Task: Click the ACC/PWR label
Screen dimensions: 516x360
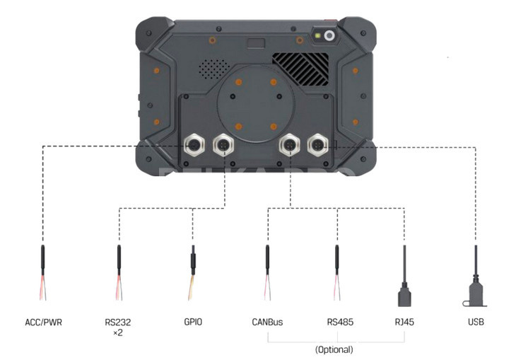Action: pos(43,322)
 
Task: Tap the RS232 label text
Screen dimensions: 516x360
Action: pos(118,322)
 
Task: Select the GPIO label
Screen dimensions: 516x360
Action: pos(193,322)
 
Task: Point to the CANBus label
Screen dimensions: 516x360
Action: pos(267,322)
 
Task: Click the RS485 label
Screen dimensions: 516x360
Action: pos(340,322)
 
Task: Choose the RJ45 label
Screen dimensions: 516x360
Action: pos(404,322)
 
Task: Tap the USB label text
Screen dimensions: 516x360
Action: pos(476,322)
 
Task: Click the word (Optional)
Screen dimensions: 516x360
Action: pos(334,349)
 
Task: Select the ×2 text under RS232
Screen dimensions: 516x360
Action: pos(118,333)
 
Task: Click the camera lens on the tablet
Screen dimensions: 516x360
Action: pos(329,35)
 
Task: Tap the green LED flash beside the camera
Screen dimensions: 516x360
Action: pos(318,35)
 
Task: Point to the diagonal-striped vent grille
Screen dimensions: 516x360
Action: pos(300,69)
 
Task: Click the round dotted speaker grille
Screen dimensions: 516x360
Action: pos(214,69)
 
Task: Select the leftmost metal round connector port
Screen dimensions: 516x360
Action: pos(194,144)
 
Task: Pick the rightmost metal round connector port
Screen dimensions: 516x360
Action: pos(317,144)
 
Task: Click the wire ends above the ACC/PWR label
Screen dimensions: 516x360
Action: pos(43,288)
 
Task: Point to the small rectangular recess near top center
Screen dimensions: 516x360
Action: pos(257,43)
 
